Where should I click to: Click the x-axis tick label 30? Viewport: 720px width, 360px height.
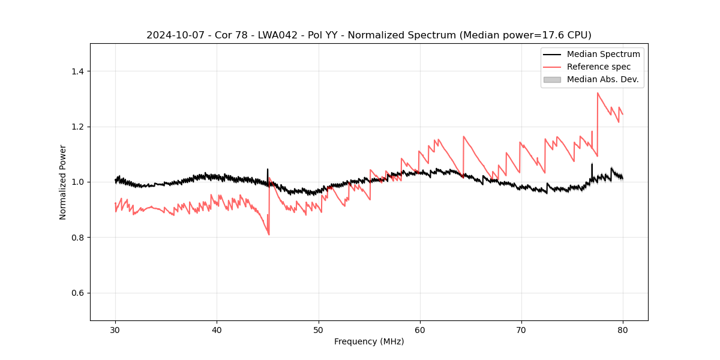pos(115,330)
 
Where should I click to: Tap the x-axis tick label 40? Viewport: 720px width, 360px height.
pos(217,330)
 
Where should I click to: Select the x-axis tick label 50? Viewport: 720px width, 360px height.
pos(319,330)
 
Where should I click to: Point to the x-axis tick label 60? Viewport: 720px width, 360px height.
pos(420,330)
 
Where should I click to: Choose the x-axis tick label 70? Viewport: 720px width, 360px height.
pos(521,330)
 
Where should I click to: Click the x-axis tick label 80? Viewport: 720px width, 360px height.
pos(623,330)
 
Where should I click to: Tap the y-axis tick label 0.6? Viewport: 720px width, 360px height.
pos(77,293)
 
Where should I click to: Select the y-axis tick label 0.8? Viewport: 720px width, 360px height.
pos(77,238)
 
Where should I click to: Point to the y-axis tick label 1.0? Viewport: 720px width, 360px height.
pos(77,182)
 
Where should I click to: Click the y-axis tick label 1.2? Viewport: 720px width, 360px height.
pos(77,127)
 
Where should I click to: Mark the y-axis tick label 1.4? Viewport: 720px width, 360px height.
pos(77,71)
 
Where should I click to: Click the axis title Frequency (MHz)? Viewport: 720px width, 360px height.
pos(369,341)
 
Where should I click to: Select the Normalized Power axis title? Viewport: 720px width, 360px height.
pos(63,182)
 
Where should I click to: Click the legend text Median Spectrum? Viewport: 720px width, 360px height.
pos(603,54)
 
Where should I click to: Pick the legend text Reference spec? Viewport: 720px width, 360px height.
pos(599,67)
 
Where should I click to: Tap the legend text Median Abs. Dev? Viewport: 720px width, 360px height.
pos(602,79)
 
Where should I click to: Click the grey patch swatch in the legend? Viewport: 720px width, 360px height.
pos(552,79)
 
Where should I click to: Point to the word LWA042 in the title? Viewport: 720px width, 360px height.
pos(277,35)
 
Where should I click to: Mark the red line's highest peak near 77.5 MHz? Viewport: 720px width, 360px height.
pos(598,93)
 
